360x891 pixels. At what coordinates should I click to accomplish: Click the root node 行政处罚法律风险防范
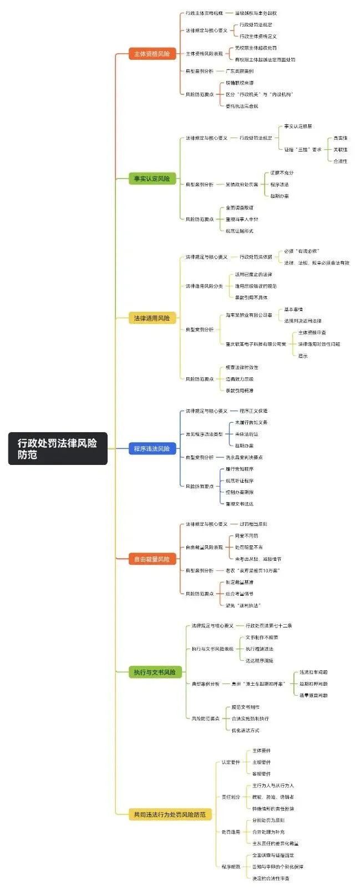pos(58,448)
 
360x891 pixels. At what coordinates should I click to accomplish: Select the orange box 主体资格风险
pos(152,54)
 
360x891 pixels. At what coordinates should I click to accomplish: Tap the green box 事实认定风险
pos(152,179)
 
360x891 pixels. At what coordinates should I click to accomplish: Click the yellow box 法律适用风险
pos(152,318)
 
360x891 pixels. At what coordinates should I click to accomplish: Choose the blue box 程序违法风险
pos(152,448)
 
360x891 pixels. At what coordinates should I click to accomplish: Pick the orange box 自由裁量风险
pos(152,559)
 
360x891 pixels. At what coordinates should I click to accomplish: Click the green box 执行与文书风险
pos(155,672)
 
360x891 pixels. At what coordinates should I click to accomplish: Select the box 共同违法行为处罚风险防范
pos(170,814)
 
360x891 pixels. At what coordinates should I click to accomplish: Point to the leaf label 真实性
pos(340,138)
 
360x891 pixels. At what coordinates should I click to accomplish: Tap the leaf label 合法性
pos(340,161)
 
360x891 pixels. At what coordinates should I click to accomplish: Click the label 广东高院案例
pos(240,71)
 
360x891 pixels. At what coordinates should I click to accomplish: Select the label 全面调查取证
pos(240,208)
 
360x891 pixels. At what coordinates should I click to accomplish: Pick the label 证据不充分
pos(282,173)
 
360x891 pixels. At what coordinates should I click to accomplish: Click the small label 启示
pos(303,356)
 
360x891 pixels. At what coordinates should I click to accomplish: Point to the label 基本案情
pos(293,310)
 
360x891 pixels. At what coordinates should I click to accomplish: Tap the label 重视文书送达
pos(240,504)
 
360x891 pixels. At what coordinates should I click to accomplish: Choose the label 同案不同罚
pos(246,536)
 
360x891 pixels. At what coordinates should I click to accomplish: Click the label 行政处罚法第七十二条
pos(268,626)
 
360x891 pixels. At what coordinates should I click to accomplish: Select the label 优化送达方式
pos(245,730)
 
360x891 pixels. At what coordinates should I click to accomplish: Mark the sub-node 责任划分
pos(231,797)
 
